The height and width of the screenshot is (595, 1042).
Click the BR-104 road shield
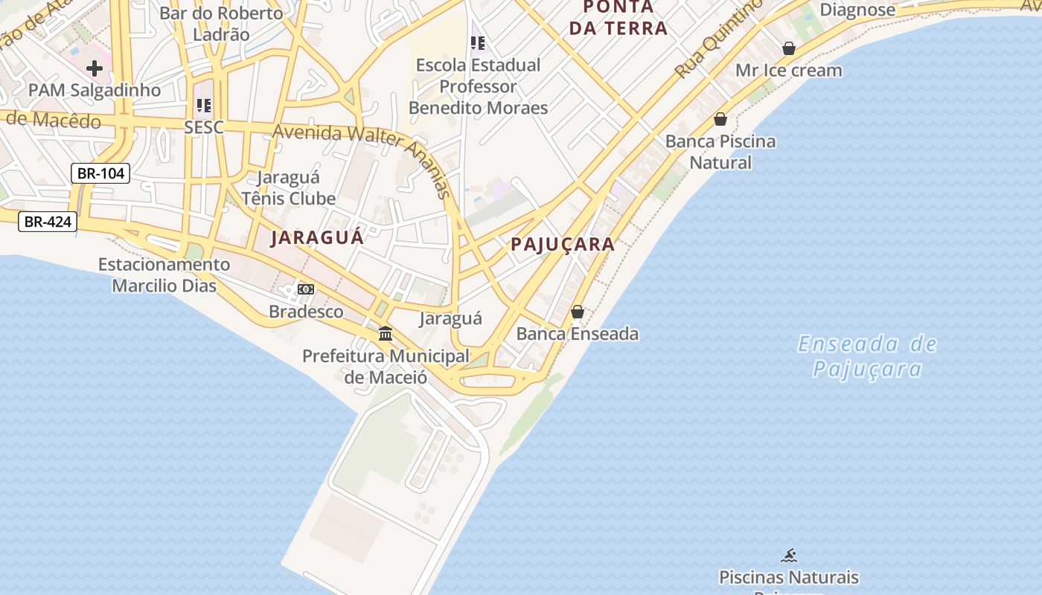pos(100,173)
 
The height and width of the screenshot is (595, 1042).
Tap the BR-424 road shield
pos(48,221)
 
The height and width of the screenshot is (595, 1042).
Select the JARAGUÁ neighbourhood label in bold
pos(317,238)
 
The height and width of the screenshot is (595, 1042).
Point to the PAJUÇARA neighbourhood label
pos(563,244)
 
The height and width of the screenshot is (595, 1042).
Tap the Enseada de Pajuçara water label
pos(867,356)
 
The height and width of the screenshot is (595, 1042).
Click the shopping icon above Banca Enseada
pos(578,312)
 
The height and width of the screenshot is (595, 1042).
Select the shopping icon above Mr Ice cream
pos(789,48)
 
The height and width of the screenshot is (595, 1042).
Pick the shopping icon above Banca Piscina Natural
pos(720,119)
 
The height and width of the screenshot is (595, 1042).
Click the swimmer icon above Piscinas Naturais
pos(789,555)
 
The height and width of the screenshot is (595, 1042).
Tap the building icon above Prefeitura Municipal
pos(386,333)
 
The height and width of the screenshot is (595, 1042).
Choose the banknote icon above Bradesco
pos(306,289)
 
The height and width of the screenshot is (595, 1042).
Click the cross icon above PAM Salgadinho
pos(95,68)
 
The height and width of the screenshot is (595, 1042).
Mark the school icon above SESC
pos(204,105)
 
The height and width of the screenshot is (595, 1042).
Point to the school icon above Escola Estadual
pos(478,43)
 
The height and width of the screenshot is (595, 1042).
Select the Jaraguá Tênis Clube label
pos(289,188)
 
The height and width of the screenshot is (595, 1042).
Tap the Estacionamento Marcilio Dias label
pos(164,275)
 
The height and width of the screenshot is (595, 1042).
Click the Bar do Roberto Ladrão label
pos(221,24)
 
